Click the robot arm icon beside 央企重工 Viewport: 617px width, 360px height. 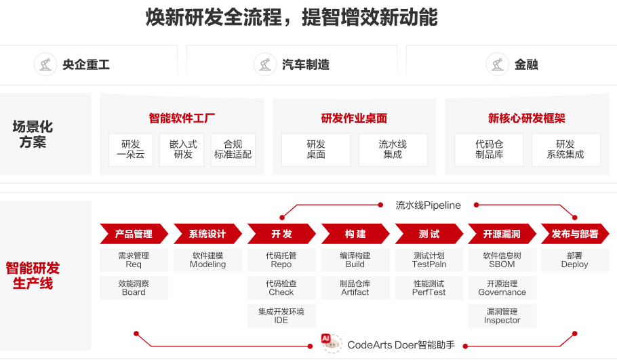click(45, 64)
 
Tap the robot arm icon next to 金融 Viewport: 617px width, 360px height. click(498, 64)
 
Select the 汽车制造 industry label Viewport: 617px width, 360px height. click(305, 64)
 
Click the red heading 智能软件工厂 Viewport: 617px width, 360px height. click(182, 118)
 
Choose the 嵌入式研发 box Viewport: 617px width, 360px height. click(183, 149)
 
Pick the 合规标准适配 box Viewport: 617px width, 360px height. click(233, 149)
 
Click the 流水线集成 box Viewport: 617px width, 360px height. click(393, 149)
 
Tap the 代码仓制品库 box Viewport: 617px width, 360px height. click(489, 149)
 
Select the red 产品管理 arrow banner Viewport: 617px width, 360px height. click(134, 234)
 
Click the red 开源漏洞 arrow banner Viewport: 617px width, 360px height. click(502, 234)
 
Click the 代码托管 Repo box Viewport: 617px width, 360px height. click(281, 260)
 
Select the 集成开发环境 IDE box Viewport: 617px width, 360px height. click(281, 315)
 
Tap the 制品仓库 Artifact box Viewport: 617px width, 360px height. click(355, 287)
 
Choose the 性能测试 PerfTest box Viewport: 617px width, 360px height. click(429, 287)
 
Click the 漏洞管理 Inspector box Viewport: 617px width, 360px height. click(502, 315)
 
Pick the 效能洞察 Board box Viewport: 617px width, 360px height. click(134, 287)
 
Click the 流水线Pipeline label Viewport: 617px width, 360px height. click(428, 205)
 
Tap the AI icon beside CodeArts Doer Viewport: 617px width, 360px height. click(330, 342)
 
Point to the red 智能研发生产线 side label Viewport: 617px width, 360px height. click(33, 275)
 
